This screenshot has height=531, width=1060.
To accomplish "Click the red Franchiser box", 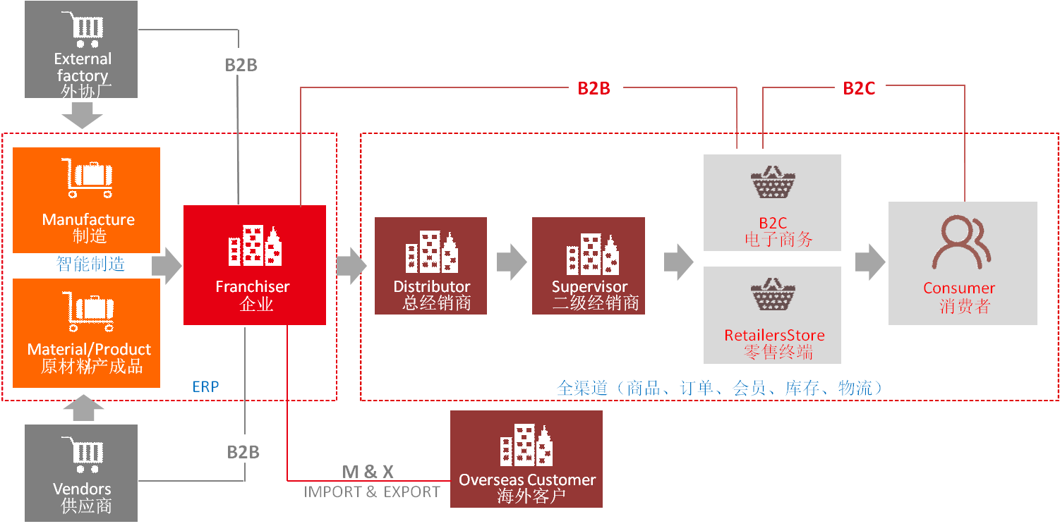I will tap(254, 265).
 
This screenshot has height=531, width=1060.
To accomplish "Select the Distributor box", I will tap(430, 266).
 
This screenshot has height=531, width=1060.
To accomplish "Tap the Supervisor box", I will tap(589, 266).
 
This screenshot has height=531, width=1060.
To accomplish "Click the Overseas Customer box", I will tap(526, 459).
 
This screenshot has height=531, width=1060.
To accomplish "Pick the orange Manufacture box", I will tap(87, 200).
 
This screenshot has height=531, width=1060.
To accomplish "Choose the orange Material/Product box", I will tap(87, 333).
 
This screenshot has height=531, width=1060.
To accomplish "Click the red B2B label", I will tap(594, 88).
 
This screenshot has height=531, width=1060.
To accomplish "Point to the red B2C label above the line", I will tap(859, 88).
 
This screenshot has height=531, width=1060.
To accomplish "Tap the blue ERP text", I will tap(205, 386).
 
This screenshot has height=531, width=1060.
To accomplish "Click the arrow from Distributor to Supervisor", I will tap(512, 263).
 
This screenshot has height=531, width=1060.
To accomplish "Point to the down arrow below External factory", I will tap(83, 116).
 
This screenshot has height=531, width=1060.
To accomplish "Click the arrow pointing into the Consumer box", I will tap(870, 262).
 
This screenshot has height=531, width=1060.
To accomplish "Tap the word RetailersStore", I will tap(774, 335).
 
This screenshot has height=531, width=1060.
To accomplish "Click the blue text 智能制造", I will tap(90, 264).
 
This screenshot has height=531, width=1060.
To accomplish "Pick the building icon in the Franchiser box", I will tap(254, 246).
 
